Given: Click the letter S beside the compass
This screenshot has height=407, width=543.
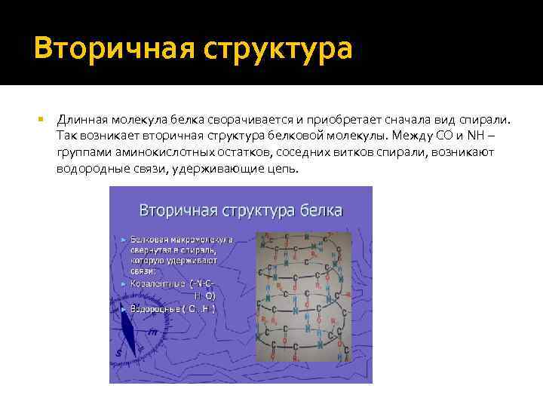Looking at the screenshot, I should click(118, 352).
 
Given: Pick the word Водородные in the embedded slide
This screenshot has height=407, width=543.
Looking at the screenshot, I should click(154, 309).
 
